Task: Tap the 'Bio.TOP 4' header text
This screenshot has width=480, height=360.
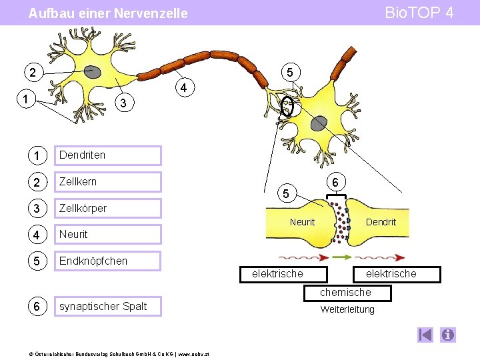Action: [x=419, y=13]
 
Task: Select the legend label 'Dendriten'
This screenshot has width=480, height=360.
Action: [x=82, y=155]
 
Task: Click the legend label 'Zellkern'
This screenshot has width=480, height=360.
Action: [x=77, y=181]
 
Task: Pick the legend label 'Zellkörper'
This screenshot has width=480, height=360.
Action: [x=83, y=208]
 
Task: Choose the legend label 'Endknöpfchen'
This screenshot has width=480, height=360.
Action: [x=93, y=261]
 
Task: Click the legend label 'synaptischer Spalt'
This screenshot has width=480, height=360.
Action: [x=103, y=307]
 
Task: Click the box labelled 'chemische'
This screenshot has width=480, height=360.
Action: [x=345, y=293]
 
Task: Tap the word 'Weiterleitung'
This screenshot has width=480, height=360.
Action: [x=347, y=309]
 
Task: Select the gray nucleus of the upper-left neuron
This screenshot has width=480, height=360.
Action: [x=92, y=72]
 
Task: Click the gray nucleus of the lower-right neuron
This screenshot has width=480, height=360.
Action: [x=320, y=123]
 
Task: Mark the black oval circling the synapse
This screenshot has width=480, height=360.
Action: [x=287, y=106]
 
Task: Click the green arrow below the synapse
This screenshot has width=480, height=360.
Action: [x=341, y=257]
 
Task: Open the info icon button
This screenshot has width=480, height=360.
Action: [x=448, y=335]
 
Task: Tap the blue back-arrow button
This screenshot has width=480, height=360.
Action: [x=426, y=335]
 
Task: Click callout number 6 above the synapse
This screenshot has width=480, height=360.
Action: [x=336, y=181]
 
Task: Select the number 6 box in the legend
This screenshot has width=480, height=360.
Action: [x=37, y=307]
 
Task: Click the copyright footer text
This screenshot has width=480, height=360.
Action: [x=106, y=353]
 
